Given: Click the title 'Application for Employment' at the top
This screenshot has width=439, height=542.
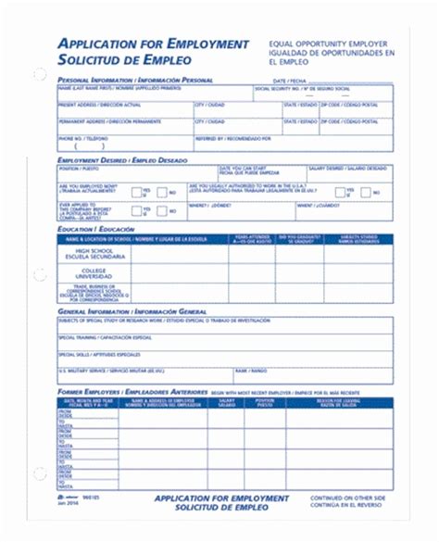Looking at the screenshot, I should click(154, 44).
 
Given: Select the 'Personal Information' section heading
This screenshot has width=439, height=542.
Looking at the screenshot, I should click(135, 81).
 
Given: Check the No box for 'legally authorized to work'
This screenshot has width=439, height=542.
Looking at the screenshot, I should click(364, 192).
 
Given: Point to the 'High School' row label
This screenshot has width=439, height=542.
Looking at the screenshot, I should click(94, 255).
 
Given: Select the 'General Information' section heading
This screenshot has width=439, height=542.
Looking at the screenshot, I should click(126, 312).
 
